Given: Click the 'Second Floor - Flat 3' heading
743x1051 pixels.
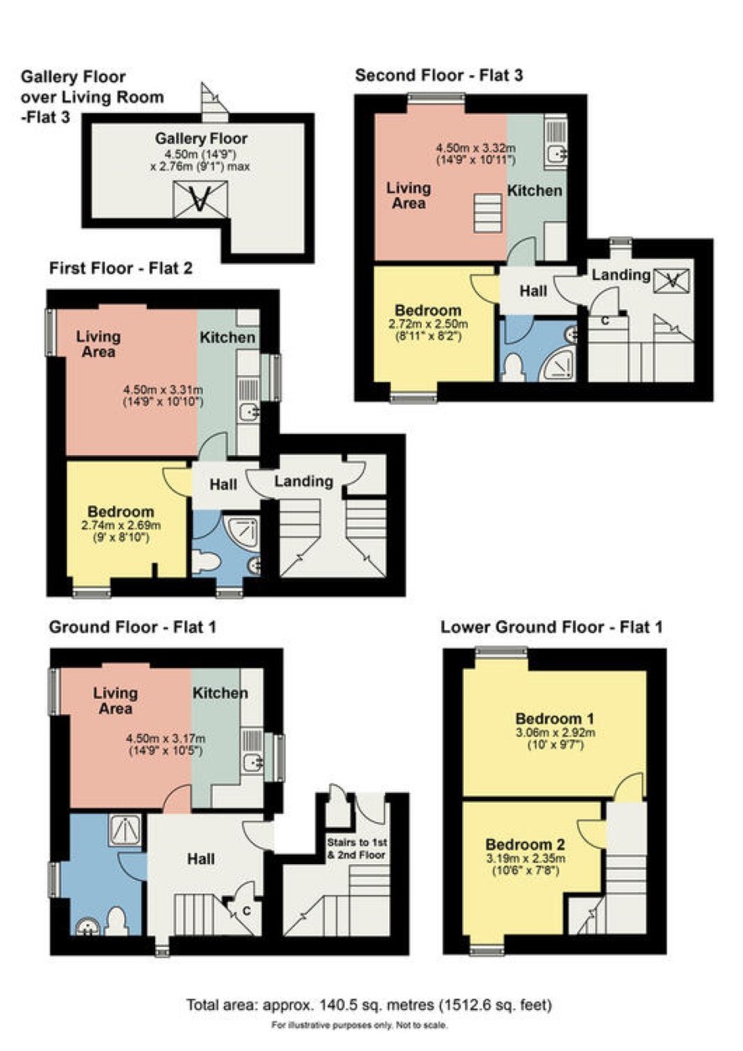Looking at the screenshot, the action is click(439, 75).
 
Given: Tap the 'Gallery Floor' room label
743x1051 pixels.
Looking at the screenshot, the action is click(201, 138).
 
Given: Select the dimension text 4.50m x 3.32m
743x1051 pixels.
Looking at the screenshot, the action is click(476, 148).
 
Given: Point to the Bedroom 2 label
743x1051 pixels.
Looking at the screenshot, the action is click(525, 845).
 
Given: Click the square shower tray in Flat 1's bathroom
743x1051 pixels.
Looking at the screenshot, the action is click(125, 830).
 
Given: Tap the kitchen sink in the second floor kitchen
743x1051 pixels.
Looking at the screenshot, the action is click(556, 153).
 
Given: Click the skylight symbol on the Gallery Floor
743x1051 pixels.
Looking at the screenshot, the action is click(200, 199).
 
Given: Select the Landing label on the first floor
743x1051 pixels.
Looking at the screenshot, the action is click(304, 482).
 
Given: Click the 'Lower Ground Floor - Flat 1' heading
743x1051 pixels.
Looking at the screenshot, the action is click(551, 627).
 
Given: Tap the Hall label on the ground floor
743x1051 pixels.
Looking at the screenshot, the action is click(201, 859).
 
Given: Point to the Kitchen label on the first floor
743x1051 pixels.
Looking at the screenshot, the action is click(227, 337).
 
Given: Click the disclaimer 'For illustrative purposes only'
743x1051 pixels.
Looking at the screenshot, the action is click(360, 1025).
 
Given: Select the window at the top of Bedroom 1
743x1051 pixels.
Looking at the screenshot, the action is click(501, 650).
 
